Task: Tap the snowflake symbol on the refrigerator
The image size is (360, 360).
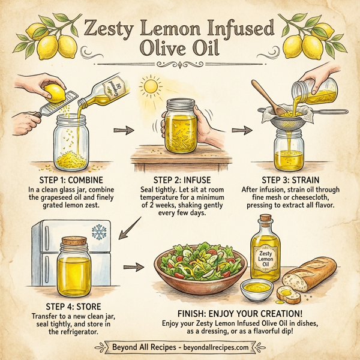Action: click(x=97, y=232)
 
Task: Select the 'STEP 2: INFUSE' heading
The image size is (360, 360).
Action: click(x=179, y=179)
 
